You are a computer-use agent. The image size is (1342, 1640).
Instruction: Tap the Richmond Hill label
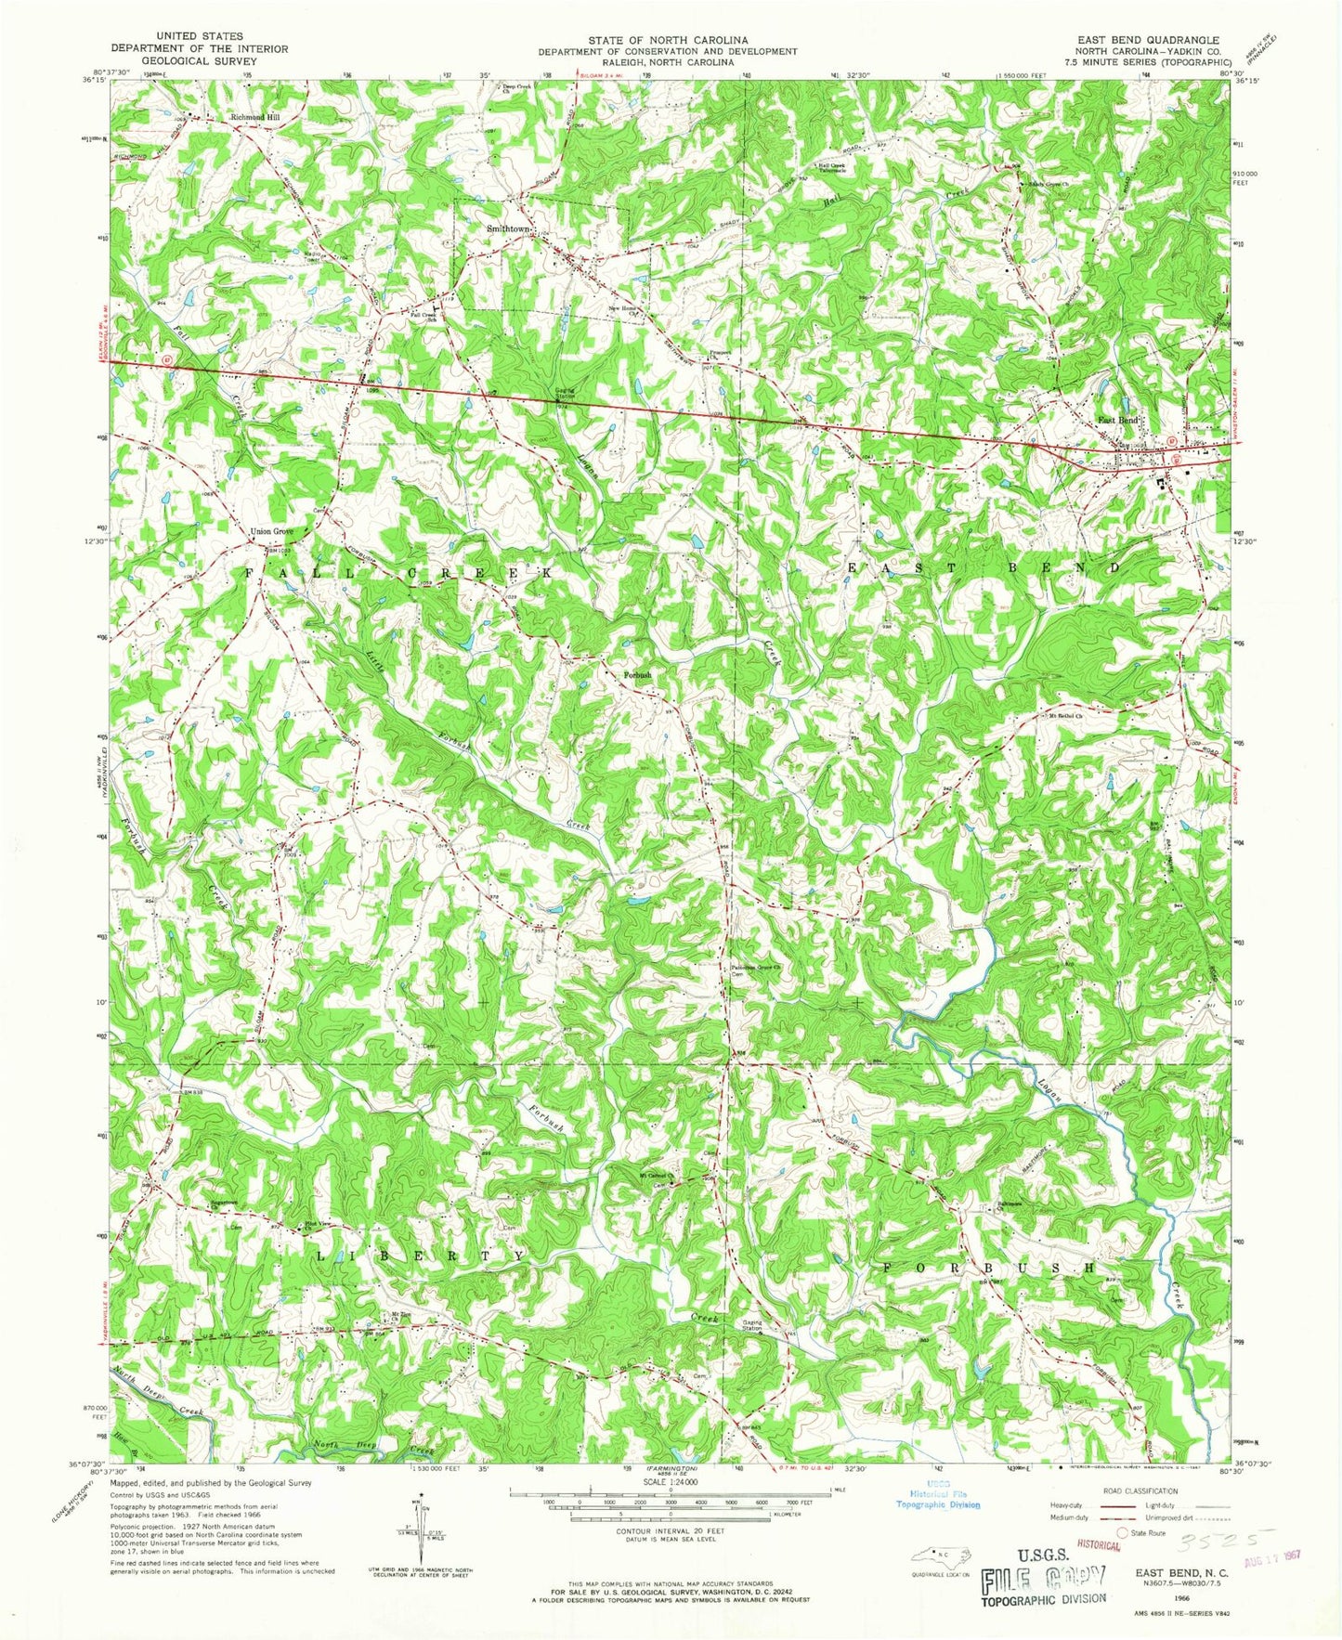pos(254,118)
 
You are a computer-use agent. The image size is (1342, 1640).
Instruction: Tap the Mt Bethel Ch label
pos(1065,717)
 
